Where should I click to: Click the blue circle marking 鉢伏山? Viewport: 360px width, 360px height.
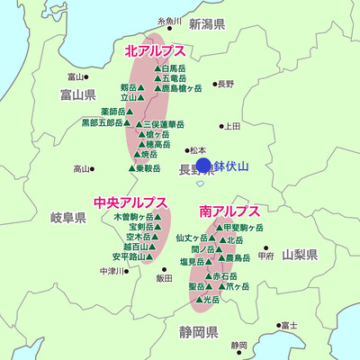(203, 166)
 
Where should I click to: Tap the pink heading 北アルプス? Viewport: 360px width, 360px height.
(155, 52)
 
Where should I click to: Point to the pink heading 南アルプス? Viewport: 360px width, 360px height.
(229, 211)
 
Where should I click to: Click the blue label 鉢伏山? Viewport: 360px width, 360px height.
(237, 166)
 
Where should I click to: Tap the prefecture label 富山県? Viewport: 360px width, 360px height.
(77, 94)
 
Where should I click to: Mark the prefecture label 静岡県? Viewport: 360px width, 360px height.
(199, 331)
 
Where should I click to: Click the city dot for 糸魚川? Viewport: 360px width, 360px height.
(169, 29)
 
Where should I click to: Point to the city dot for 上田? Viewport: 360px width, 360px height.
(221, 126)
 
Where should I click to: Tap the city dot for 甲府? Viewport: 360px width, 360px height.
(265, 247)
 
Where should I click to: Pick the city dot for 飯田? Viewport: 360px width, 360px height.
(163, 268)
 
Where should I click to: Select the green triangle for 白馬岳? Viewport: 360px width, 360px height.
(157, 68)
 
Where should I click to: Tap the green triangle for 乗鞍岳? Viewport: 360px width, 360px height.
(132, 168)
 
